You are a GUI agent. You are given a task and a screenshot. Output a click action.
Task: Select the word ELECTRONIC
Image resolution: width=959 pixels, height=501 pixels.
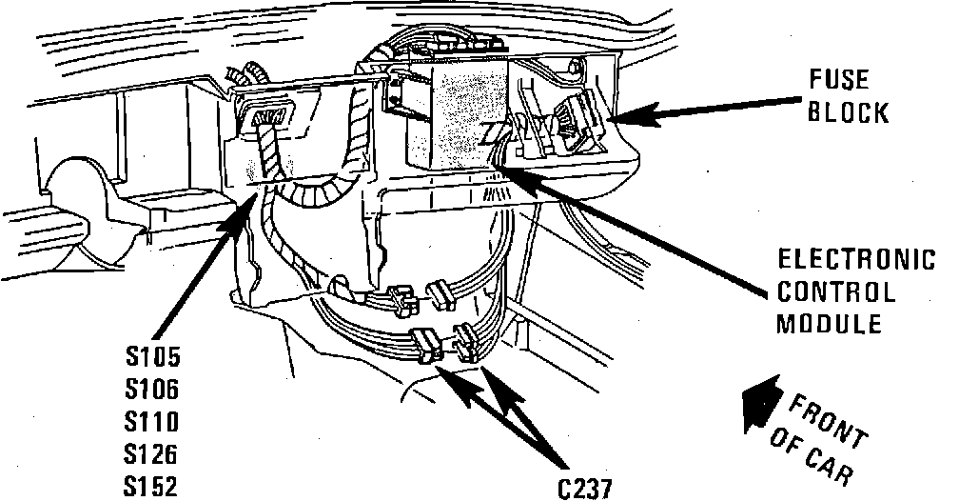(856, 260)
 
